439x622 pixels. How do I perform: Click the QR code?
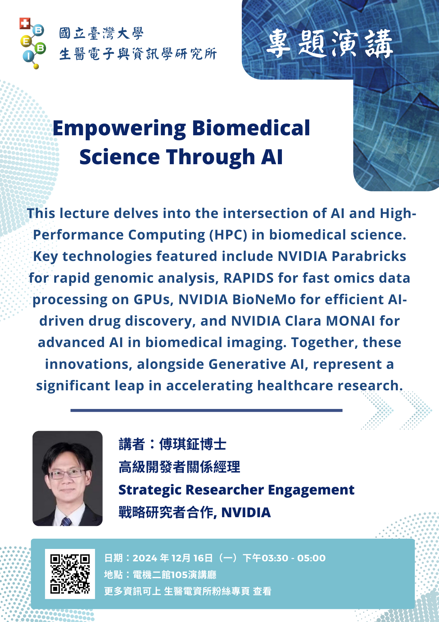coord(70,574)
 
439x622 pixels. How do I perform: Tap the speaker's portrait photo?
coord(67,478)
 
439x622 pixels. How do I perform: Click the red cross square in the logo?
coord(25,23)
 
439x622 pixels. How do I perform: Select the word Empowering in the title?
coord(119,129)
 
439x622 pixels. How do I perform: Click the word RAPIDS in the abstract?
coord(249,278)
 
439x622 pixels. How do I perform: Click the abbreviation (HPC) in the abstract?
coord(228,235)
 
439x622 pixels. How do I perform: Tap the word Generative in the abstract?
coord(247,364)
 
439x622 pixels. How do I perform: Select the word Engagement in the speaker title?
coord(311,490)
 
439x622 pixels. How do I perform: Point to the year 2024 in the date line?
coord(145,558)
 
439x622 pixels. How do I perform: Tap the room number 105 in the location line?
coord(179,575)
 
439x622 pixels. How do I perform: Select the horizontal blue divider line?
coord(206,411)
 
